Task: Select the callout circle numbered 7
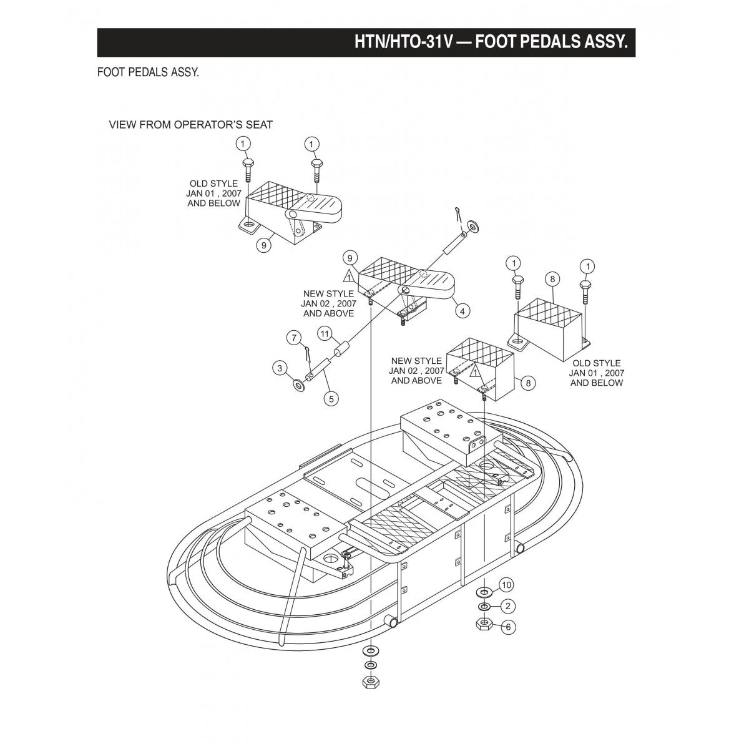point(293,338)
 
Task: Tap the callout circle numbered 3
point(279,368)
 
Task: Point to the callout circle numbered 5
point(330,397)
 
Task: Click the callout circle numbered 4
point(462,310)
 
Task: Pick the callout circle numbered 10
point(506,585)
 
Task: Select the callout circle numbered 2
point(508,605)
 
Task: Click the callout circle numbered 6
point(508,627)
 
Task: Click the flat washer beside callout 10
point(484,590)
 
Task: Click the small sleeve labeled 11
point(341,350)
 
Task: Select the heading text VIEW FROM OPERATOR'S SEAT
point(191,125)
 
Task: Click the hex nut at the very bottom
point(370,681)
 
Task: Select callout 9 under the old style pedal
point(264,245)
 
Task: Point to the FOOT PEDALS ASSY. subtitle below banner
point(148,72)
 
